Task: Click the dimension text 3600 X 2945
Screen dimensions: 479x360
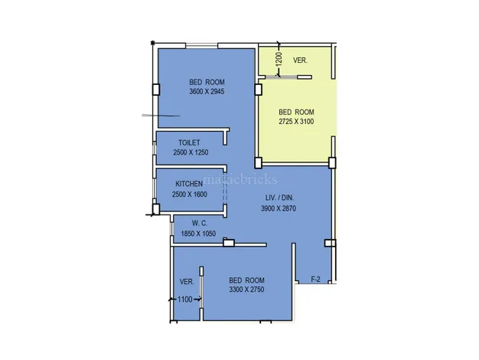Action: (x=207, y=91)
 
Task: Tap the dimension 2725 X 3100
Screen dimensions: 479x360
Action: (x=296, y=122)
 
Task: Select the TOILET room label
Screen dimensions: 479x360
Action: (x=190, y=142)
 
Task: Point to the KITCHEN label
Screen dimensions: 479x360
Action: (x=189, y=184)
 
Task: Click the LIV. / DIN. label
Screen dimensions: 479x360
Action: (x=279, y=198)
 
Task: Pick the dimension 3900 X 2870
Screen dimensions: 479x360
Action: (x=279, y=208)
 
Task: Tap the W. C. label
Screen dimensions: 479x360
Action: (x=200, y=224)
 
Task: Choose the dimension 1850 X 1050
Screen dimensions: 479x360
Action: (x=198, y=234)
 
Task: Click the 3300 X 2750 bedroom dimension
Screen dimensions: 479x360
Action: (x=246, y=290)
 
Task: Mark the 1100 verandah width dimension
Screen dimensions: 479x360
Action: (x=185, y=299)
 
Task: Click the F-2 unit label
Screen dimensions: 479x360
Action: (x=315, y=280)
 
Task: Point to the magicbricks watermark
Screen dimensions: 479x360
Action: (x=239, y=179)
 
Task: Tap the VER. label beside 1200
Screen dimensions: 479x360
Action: (x=300, y=61)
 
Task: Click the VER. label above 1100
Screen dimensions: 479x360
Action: (x=187, y=282)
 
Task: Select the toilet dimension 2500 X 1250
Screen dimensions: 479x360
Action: (x=191, y=152)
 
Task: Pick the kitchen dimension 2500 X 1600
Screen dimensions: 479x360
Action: (x=190, y=195)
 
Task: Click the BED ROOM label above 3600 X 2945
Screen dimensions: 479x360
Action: (x=207, y=82)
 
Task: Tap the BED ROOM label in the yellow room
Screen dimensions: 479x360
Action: (x=296, y=112)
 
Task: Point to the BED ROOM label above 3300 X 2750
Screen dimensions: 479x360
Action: (x=246, y=280)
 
